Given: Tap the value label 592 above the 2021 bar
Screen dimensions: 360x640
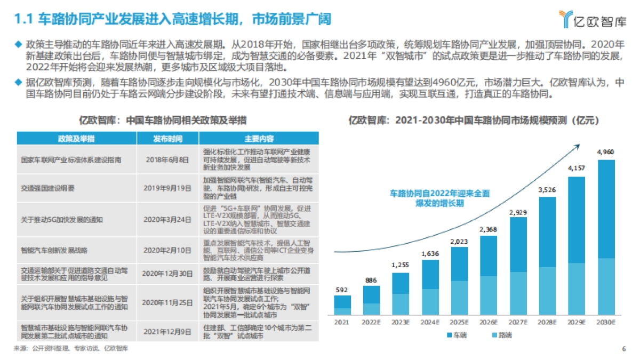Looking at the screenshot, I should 342,290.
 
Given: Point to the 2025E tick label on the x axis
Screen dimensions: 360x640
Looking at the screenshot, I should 459,322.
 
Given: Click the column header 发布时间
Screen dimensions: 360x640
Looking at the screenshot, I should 167,139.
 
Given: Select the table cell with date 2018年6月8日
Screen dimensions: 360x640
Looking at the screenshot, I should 167,159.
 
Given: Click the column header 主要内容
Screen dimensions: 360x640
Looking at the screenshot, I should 259,139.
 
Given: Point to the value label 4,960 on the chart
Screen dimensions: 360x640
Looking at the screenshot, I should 606,152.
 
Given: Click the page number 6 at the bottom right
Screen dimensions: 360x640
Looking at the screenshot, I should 623,349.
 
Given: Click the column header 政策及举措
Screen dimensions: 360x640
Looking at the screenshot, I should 76,139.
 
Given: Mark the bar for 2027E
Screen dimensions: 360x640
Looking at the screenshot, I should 518,266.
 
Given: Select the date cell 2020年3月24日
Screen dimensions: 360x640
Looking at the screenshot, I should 167,219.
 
